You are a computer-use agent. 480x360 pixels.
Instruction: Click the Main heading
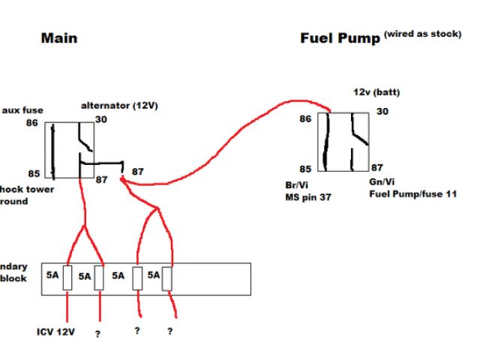pos(58,37)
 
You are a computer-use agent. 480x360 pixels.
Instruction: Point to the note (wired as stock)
pos(421,34)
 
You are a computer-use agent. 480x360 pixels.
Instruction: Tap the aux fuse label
pos(22,109)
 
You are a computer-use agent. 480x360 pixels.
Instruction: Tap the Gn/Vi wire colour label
pos(383,182)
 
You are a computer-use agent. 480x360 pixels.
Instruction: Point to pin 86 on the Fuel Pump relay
pos(305,118)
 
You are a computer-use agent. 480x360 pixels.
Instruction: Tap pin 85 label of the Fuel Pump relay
pos(305,169)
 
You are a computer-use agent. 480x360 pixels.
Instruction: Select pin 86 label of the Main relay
pos(31,123)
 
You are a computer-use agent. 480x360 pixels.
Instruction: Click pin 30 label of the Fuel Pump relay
pos(382,112)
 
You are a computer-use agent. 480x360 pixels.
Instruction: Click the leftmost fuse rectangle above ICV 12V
pos(67,277)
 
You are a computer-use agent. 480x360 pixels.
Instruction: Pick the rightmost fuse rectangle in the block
pos(167,277)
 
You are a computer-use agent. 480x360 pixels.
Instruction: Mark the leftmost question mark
pos(97,334)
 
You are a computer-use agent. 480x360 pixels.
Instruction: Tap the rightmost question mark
pos(170,331)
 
